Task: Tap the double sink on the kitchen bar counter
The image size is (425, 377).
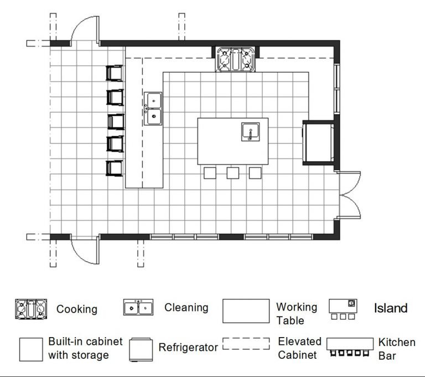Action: pyautogui.click(x=153, y=109)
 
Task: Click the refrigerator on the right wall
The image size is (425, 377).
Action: pyautogui.click(x=318, y=142)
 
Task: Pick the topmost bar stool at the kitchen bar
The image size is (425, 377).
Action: pyautogui.click(x=115, y=73)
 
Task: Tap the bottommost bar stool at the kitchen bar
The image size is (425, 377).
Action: pyautogui.click(x=115, y=167)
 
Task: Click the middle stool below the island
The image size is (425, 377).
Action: pyautogui.click(x=232, y=173)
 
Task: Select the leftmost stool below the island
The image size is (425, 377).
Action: pyautogui.click(x=210, y=173)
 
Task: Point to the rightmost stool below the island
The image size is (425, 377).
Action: pyautogui.click(x=255, y=173)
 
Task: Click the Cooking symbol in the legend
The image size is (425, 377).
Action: pyautogui.click(x=31, y=309)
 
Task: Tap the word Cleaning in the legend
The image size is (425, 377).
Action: pyautogui.click(x=186, y=307)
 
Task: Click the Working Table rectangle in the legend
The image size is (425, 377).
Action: pyautogui.click(x=247, y=312)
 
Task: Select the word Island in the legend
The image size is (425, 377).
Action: pyautogui.click(x=390, y=308)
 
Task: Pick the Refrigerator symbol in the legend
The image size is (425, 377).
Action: pyautogui.click(x=141, y=348)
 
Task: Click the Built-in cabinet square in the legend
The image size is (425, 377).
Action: pyautogui.click(x=31, y=348)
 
